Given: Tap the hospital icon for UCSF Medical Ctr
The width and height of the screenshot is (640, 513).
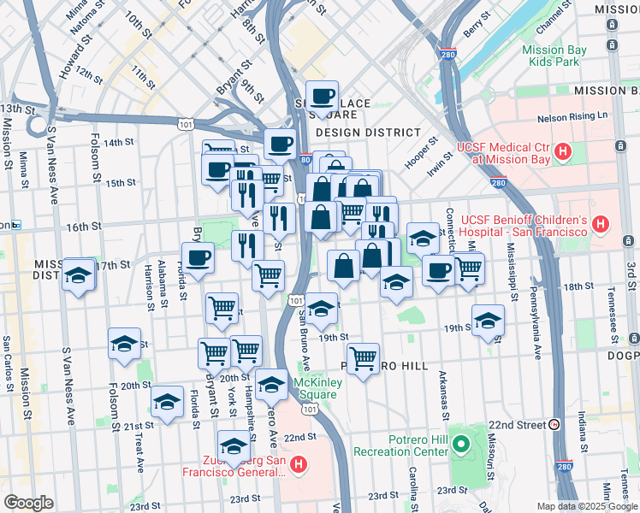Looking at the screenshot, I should pyautogui.click(x=563, y=153).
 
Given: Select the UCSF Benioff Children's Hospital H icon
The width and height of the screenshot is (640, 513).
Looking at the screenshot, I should pyautogui.click(x=601, y=226).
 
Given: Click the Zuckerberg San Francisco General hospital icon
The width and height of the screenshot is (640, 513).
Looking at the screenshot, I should pyautogui.click(x=298, y=465).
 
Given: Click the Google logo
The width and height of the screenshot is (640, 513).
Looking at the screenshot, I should pyautogui.click(x=28, y=503).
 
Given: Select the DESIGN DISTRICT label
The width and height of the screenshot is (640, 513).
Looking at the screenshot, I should pyautogui.click(x=368, y=133).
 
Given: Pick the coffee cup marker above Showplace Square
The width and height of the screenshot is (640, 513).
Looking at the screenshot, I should pyautogui.click(x=322, y=97).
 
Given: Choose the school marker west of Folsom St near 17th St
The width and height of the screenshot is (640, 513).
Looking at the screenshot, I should pyautogui.click(x=79, y=275).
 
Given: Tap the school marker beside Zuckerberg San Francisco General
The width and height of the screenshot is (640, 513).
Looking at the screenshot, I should pyautogui.click(x=234, y=446).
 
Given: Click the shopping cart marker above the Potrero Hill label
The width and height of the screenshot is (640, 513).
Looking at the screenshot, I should pyautogui.click(x=364, y=358).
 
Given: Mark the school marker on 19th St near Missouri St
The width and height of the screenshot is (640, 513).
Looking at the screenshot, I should pyautogui.click(x=488, y=321).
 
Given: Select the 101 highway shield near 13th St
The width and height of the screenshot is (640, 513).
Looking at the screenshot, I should pyautogui.click(x=186, y=125).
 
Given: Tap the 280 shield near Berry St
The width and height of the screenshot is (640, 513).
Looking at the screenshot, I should pyautogui.click(x=450, y=53).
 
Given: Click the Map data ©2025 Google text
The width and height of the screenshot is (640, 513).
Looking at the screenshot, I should pyautogui.click(x=587, y=506).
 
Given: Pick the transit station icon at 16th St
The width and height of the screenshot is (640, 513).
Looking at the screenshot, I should pyautogui.click(x=15, y=226).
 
